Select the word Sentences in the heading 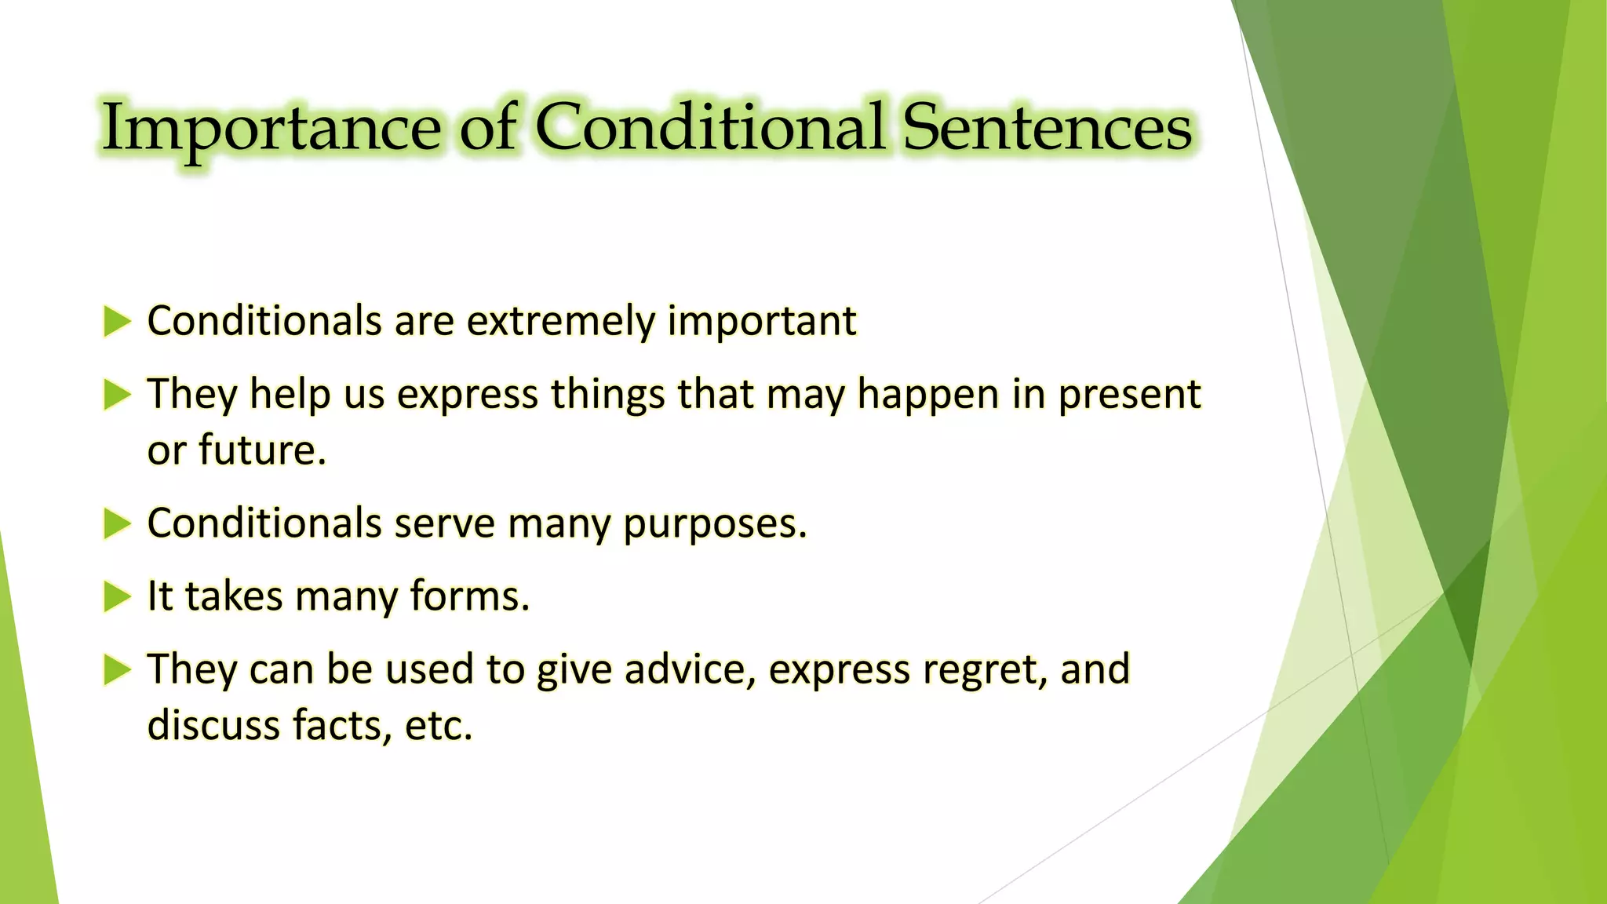[1047, 127]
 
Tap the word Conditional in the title [710, 127]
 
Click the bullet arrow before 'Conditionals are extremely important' [116, 322]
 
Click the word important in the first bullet [761, 322]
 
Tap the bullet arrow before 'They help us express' [116, 395]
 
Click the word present [1129, 395]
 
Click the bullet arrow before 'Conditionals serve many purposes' [116, 523]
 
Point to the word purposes [714, 525]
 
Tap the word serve [444, 523]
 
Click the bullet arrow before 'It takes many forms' [116, 597]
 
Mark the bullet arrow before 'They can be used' [116, 670]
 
